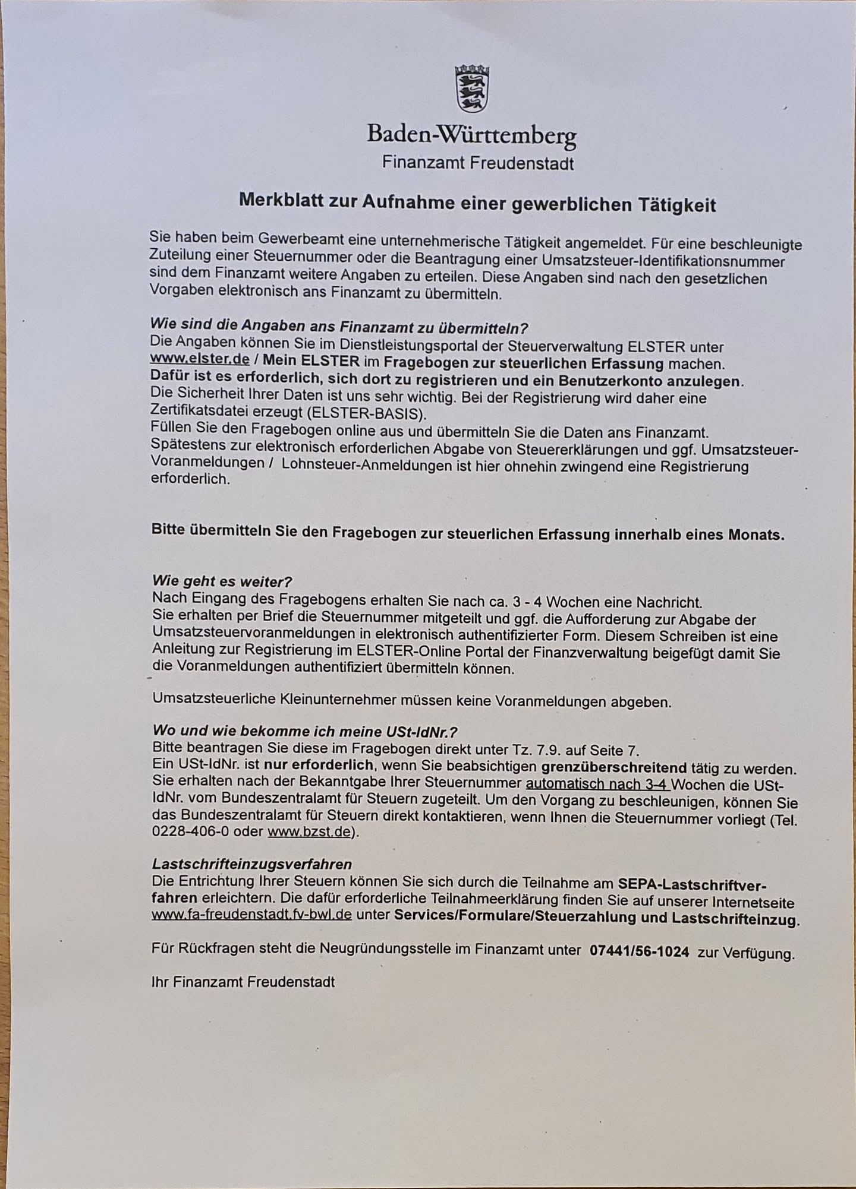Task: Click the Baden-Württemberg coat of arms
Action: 472,89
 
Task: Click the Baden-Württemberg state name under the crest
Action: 471,135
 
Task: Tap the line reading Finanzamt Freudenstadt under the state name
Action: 478,163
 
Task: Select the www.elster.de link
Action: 200,360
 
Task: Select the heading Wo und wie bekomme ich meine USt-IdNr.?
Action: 304,731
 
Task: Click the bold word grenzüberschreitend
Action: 614,769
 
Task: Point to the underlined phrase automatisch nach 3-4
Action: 597,785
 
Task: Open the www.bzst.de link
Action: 309,831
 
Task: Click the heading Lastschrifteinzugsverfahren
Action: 252,864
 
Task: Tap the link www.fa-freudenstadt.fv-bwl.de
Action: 251,915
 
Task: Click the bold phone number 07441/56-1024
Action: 640,951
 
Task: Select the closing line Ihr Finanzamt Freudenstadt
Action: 243,982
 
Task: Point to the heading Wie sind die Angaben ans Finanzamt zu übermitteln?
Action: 339,326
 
